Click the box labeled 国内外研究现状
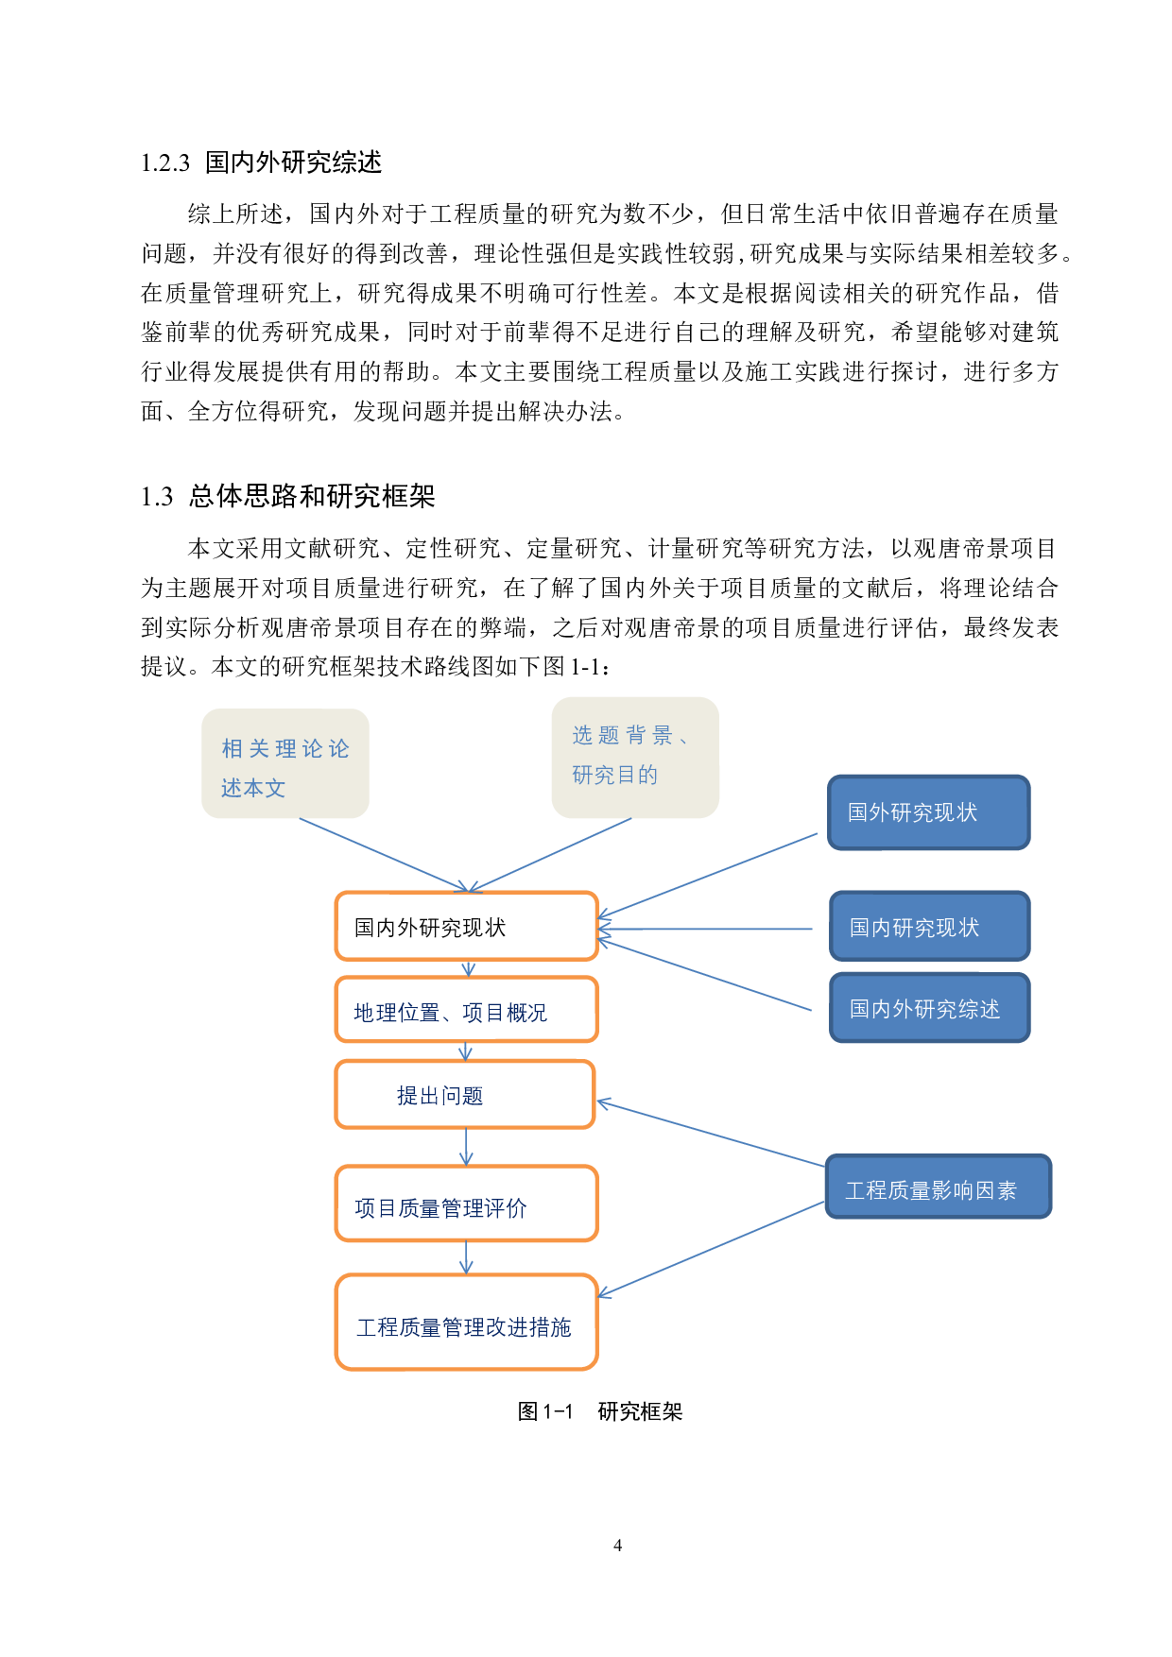pyautogui.click(x=466, y=926)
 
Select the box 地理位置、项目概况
pyautogui.click(x=466, y=1010)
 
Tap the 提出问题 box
pyautogui.click(x=465, y=1094)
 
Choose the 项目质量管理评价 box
pyautogui.click(x=466, y=1204)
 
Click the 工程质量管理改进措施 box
pyautogui.click(x=466, y=1322)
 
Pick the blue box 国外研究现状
pyautogui.click(x=928, y=812)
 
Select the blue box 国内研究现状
pyautogui.click(x=929, y=927)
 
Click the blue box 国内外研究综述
pyautogui.click(x=929, y=1008)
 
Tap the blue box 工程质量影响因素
pyautogui.click(x=937, y=1187)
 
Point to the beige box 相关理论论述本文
pyautogui.click(x=284, y=763)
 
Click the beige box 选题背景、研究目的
pyautogui.click(x=634, y=758)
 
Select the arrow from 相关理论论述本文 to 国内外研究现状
pyautogui.click(x=383, y=854)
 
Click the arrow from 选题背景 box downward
pyautogui.click(x=551, y=854)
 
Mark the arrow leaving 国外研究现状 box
pyautogui.click(x=709, y=876)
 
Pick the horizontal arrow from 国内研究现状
pyautogui.click(x=706, y=930)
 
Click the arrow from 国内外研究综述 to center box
pyautogui.click(x=706, y=976)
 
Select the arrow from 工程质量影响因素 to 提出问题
pyautogui.click(x=711, y=1134)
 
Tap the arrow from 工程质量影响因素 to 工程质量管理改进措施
pyautogui.click(x=711, y=1249)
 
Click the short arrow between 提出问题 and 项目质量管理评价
pyautogui.click(x=466, y=1147)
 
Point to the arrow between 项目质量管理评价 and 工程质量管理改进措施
pyautogui.click(x=466, y=1257)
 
